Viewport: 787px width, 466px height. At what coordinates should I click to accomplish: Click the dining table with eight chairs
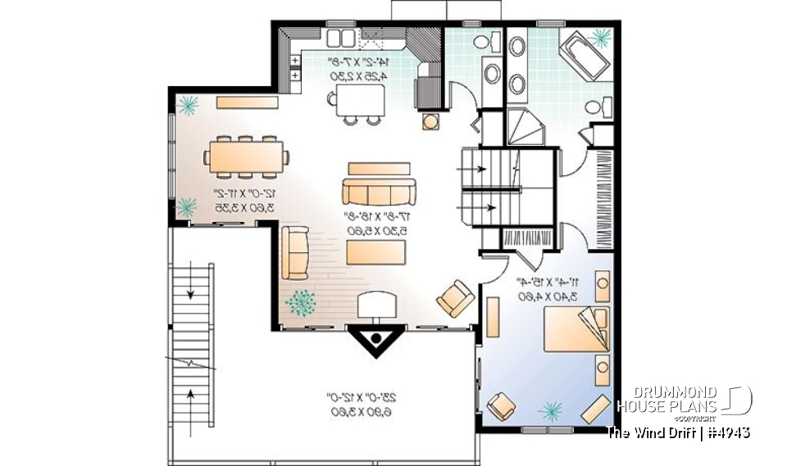coord(246,156)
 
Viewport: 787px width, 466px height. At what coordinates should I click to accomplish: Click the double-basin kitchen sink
coord(339,38)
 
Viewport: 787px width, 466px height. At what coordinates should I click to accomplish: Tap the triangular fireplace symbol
coord(375,338)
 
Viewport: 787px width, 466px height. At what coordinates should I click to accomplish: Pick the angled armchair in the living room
coord(454,298)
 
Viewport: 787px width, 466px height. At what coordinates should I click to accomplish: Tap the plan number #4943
coord(727,432)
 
